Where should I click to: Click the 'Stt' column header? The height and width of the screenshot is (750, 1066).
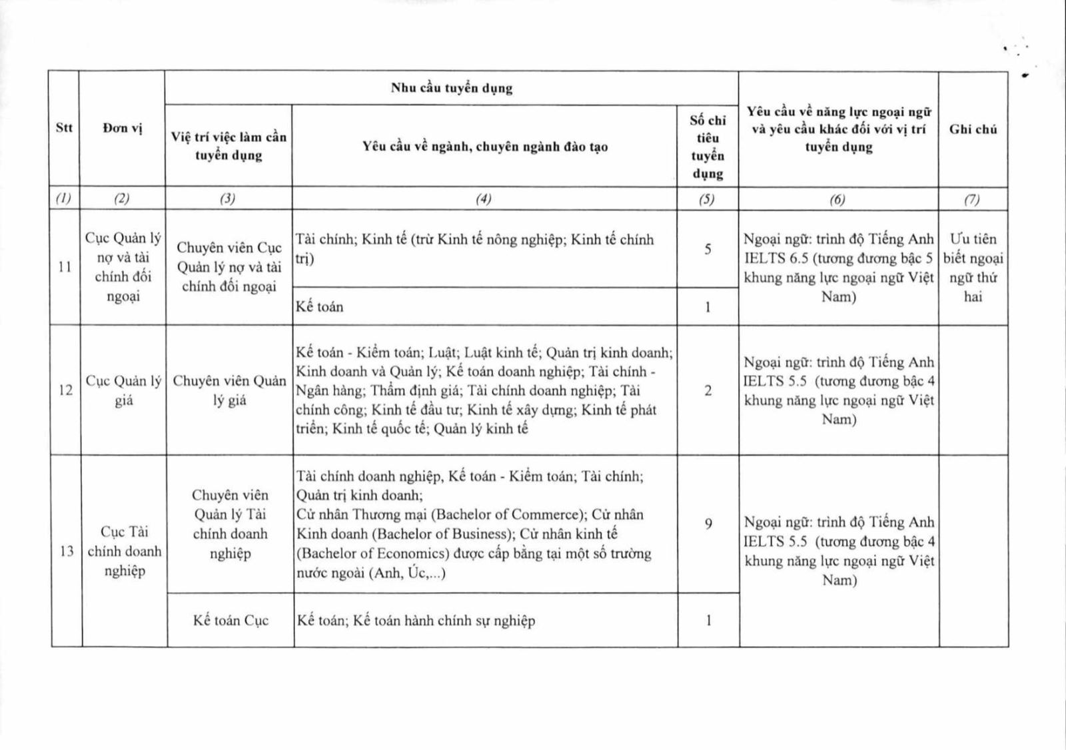point(64,128)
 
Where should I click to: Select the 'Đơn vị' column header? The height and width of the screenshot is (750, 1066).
point(123,129)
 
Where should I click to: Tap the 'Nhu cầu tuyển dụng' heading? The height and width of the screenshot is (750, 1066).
point(451,88)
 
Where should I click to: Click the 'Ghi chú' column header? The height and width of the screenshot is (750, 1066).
point(973,129)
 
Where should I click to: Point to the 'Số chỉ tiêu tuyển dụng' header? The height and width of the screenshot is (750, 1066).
point(708,147)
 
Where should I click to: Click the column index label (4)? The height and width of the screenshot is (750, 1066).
point(484,198)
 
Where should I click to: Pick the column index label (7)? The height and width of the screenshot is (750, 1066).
point(973,198)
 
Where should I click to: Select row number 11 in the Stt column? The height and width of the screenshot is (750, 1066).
point(65,267)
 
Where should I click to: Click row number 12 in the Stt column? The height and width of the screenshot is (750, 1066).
point(65,390)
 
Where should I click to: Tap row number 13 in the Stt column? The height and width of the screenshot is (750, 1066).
point(67,551)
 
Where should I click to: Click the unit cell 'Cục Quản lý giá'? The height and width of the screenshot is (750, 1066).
point(123,390)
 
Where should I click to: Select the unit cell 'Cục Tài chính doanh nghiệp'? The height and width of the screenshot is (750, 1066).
point(124,551)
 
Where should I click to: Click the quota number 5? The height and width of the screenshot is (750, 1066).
point(708,249)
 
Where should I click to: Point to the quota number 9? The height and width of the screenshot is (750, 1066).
point(708,524)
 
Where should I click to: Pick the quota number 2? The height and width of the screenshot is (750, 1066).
point(708,390)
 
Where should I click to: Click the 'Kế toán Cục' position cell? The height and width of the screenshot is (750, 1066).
point(231,620)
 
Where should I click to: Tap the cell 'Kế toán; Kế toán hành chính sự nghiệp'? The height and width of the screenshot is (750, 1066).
point(416,621)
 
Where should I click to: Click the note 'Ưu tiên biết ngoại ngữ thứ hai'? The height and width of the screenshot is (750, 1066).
point(973,267)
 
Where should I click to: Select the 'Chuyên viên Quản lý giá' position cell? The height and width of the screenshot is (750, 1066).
point(229,390)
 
